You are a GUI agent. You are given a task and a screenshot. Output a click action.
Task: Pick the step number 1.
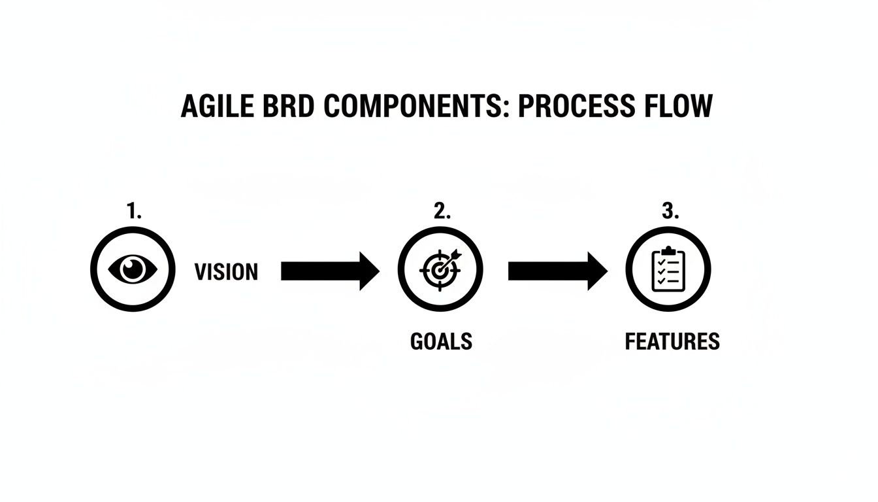pyautogui.click(x=134, y=211)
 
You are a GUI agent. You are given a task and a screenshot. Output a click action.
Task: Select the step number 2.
pyautogui.click(x=442, y=211)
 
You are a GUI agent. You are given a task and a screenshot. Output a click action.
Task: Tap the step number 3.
pyautogui.click(x=670, y=211)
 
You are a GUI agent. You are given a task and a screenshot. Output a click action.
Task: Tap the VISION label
pyautogui.click(x=226, y=272)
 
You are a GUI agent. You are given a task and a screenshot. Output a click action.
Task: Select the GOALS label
pyautogui.click(x=441, y=341)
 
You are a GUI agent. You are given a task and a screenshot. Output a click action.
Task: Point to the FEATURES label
pyautogui.click(x=672, y=341)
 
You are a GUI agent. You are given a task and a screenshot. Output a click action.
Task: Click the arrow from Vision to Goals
pyautogui.click(x=330, y=271)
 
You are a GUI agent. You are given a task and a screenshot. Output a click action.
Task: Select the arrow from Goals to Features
pyautogui.click(x=557, y=271)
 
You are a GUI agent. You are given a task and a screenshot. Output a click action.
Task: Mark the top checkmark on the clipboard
pyautogui.click(x=660, y=261)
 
